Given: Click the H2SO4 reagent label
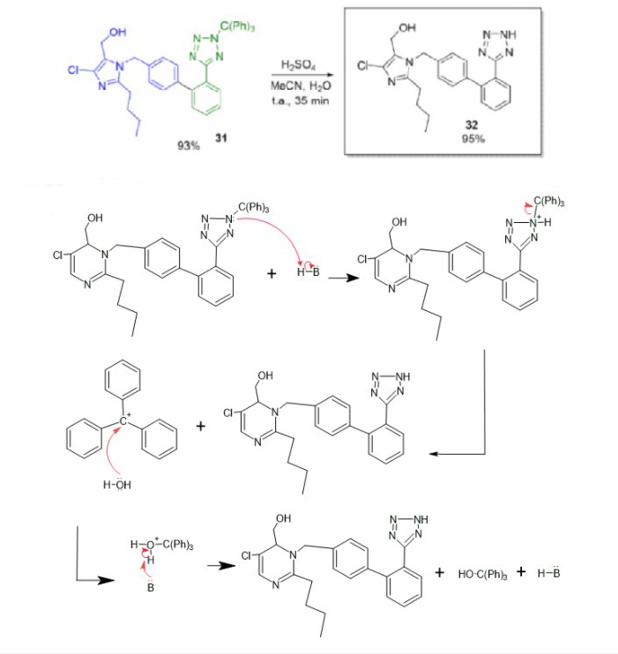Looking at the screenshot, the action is click(x=292, y=64).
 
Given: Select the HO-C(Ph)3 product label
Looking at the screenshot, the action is click(x=480, y=575).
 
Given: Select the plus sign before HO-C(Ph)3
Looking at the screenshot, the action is click(x=440, y=573).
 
